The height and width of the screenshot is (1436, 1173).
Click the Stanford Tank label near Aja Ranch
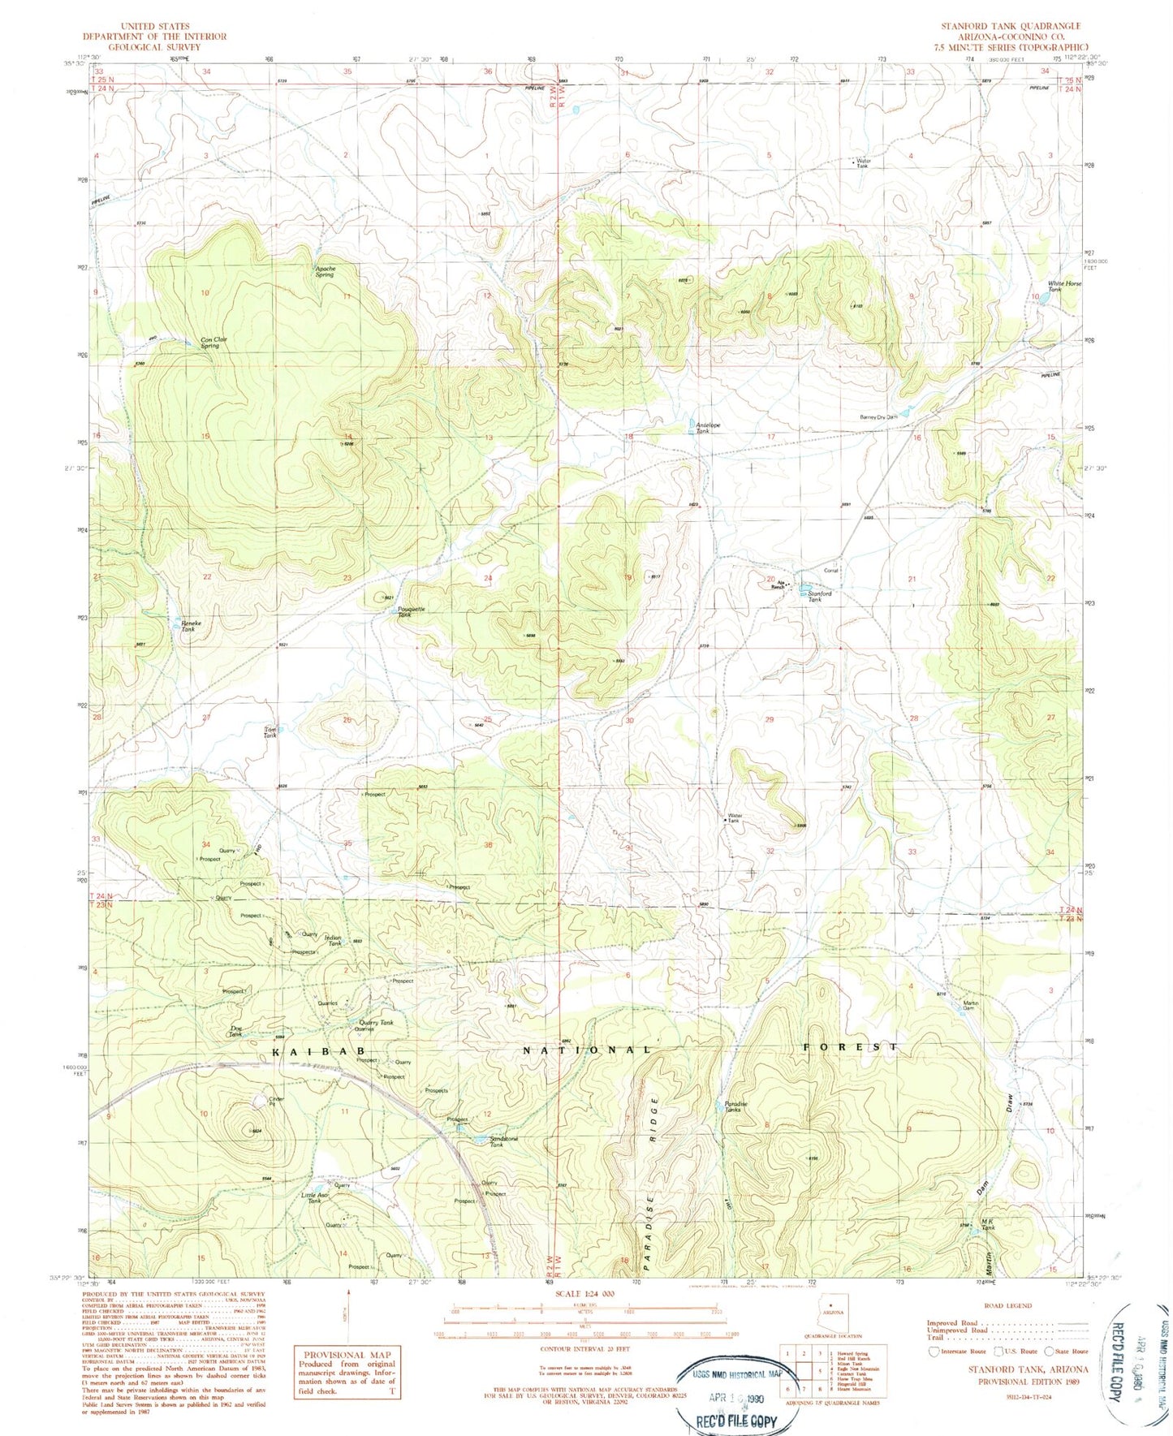point(819,596)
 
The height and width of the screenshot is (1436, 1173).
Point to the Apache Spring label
point(325,271)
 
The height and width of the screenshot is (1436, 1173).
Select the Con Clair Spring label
point(209,343)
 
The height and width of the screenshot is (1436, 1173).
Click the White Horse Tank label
point(1064,286)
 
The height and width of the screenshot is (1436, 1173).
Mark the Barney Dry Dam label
point(878,417)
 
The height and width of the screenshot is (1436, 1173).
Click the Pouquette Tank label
point(410,612)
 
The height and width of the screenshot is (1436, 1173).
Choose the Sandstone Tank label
point(503,1141)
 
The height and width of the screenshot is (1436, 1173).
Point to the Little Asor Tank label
point(315,1197)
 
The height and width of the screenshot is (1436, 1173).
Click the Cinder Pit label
point(272,1101)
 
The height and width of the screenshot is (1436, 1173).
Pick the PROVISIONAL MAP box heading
point(347,1355)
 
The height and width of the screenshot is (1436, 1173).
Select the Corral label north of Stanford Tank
point(830,570)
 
